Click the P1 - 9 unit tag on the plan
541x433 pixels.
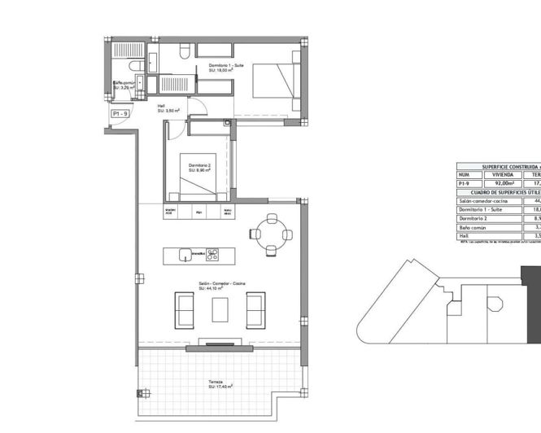(x=120, y=115)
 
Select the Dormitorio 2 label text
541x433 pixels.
(x=199, y=168)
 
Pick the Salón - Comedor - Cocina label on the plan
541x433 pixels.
(x=221, y=286)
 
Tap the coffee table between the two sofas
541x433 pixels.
(x=220, y=310)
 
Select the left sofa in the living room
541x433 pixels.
(x=184, y=310)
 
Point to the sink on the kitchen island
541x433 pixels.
(x=185, y=254)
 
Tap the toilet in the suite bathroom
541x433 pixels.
(x=184, y=52)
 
